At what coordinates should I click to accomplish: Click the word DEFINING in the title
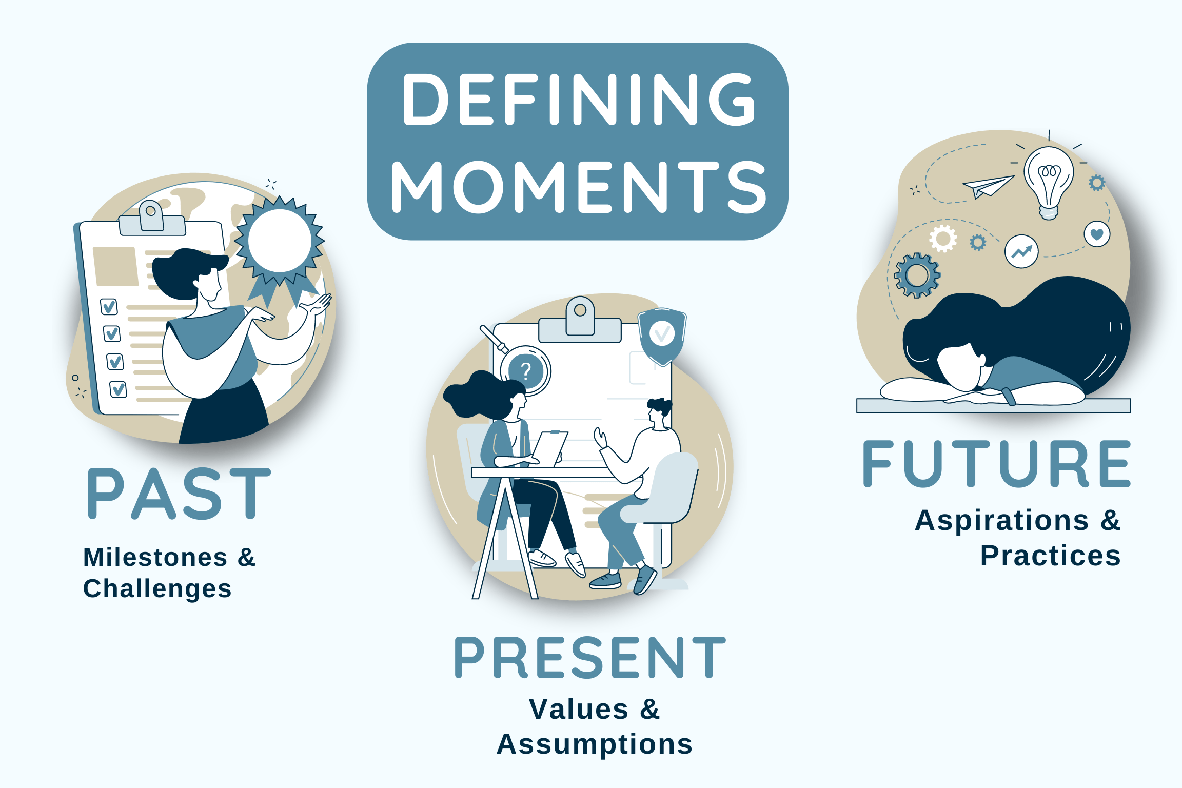click(x=579, y=100)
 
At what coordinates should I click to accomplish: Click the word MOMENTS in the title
click(x=579, y=187)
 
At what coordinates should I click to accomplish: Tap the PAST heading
click(x=179, y=494)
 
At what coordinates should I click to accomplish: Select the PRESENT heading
click(x=590, y=658)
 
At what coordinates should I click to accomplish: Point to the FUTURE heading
click(x=996, y=464)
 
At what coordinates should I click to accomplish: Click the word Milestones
click(x=155, y=557)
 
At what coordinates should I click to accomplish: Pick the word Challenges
click(x=157, y=589)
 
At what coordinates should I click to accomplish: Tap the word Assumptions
click(x=595, y=744)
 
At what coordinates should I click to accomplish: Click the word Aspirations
click(x=1002, y=521)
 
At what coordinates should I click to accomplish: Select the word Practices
click(x=1050, y=556)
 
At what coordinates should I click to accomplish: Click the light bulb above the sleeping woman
click(x=1049, y=180)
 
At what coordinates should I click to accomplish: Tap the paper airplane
click(x=988, y=186)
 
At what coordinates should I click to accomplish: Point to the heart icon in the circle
click(x=1097, y=234)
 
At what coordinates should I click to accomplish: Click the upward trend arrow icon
click(x=1021, y=251)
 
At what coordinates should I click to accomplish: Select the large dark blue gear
click(x=917, y=275)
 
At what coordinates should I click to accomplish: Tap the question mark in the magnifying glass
click(x=526, y=370)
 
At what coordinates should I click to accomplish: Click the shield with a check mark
click(x=662, y=335)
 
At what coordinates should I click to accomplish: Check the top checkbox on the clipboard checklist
click(x=109, y=307)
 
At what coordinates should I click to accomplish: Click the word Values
click(x=579, y=710)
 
